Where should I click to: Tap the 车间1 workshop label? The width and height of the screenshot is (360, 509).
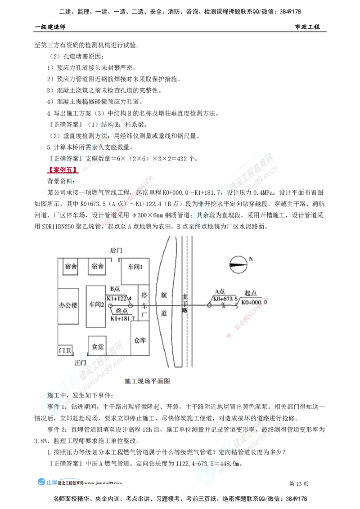(134, 267)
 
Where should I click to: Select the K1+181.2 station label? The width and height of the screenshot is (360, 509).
(118, 318)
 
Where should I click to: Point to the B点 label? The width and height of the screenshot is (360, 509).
(114, 288)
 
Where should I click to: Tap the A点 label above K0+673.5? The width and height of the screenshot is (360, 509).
(220, 291)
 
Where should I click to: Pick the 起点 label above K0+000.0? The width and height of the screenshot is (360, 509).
(250, 292)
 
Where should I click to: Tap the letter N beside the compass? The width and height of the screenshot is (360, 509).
(251, 259)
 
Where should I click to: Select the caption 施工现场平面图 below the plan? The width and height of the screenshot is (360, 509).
(147, 381)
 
